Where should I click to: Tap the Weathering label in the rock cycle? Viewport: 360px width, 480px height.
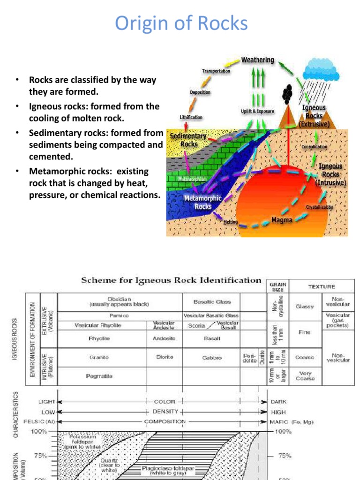click(257, 60)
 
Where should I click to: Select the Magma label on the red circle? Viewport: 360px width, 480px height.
click(282, 219)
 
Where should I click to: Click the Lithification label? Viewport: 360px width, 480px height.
click(191, 117)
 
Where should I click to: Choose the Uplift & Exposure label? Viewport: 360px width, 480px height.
click(257, 111)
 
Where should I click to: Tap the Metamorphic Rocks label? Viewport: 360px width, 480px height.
click(202, 202)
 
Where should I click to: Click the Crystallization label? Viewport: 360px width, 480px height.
click(320, 207)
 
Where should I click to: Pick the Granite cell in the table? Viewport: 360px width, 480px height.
click(99, 357)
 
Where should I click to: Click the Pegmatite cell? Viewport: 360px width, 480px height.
click(99, 376)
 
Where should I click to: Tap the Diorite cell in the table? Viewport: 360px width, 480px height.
click(165, 357)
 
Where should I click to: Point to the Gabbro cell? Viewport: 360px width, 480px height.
click(212, 358)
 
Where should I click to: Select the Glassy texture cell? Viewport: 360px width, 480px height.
click(305, 307)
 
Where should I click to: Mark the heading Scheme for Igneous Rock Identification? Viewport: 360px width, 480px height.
click(171, 280)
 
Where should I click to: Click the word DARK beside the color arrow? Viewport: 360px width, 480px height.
click(278, 402)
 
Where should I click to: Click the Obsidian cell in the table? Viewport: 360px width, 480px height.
click(119, 301)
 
